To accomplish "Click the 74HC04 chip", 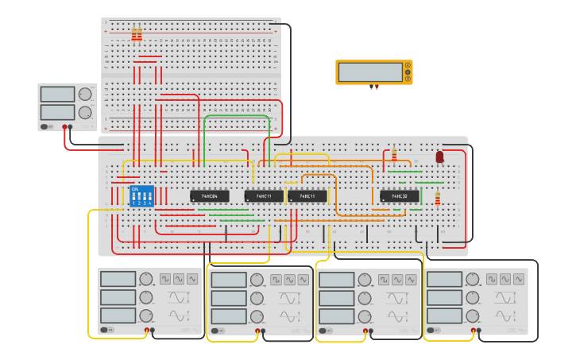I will point(209,195).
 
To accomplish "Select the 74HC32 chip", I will point(399,195).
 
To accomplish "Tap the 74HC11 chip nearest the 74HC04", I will point(264,195).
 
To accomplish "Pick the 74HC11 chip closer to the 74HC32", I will point(307,195).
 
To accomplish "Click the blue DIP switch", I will point(141,196).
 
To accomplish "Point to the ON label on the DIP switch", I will point(134,189).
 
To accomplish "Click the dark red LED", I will point(439,157).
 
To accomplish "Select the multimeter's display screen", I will point(370,72).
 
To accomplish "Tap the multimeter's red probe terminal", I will point(377,87).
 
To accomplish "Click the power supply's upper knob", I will point(85,94).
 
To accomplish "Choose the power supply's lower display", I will point(57,111).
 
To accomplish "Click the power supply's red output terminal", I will point(64,126).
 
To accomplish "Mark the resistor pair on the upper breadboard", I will point(137,34).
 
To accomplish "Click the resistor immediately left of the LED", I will point(393,154).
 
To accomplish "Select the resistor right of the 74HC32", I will point(437,198).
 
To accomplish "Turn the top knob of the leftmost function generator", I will point(146,279).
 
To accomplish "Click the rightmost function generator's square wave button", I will point(492,280).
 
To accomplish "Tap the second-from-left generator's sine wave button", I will point(290,280).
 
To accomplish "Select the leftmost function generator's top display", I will point(118,279).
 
